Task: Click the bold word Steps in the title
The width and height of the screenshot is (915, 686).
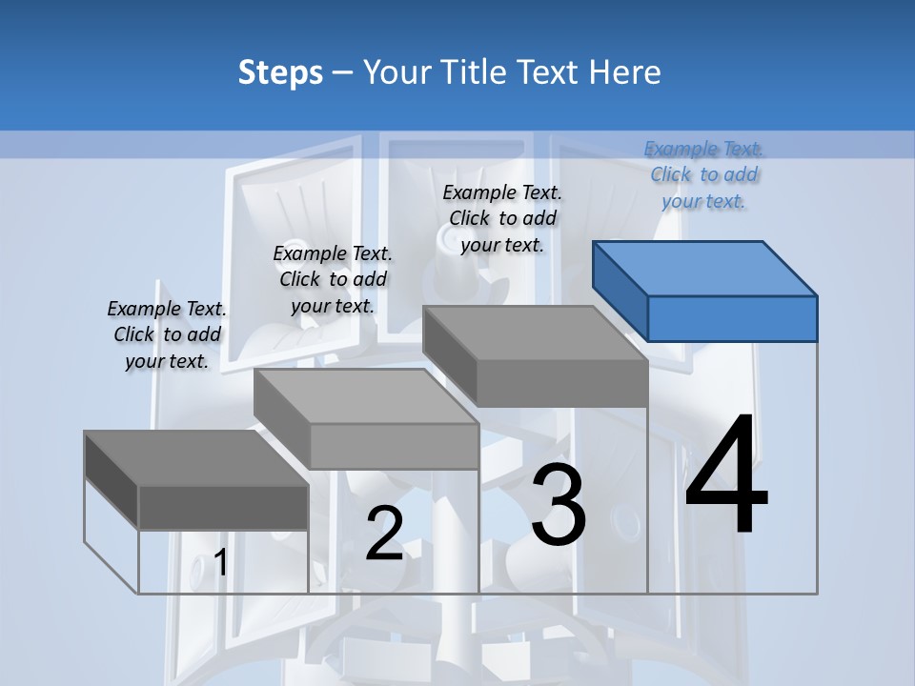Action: tap(280, 72)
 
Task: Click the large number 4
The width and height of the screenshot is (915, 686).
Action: tap(726, 476)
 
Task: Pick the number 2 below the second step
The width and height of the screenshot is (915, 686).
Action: tap(384, 534)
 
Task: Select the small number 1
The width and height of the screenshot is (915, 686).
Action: tap(221, 562)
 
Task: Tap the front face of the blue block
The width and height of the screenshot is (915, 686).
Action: tap(732, 318)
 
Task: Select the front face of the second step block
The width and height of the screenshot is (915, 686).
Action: tap(394, 446)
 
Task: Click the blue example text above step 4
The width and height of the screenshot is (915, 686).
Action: tap(704, 174)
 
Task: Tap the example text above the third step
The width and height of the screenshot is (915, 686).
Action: tap(502, 218)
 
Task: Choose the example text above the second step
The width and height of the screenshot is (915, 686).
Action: tap(333, 279)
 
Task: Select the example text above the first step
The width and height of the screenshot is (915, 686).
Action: tap(167, 334)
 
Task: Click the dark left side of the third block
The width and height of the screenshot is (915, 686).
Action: tap(449, 353)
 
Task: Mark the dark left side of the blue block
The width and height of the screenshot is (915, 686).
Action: tap(620, 290)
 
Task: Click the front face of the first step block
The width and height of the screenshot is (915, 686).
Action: tap(223, 507)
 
